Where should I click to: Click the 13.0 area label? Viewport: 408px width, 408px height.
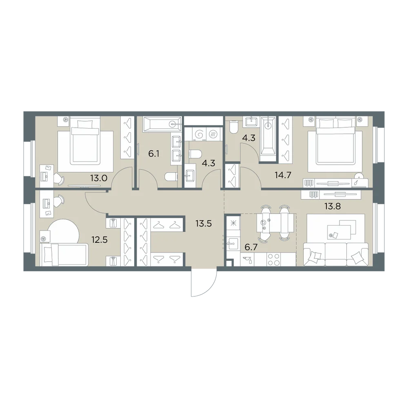[99, 178]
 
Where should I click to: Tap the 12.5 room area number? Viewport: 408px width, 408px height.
[100, 239]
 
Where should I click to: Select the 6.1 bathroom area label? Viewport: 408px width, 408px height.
[154, 154]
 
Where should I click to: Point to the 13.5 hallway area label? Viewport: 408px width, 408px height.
[204, 223]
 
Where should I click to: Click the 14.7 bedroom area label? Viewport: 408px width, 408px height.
[283, 175]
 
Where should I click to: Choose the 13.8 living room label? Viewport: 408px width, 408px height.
[332, 206]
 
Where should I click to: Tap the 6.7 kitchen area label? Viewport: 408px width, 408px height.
[251, 247]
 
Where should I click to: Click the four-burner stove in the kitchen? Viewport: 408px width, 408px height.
[273, 259]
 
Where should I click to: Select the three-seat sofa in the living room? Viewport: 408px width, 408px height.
[336, 254]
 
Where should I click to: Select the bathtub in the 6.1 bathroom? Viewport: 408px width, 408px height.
[162, 124]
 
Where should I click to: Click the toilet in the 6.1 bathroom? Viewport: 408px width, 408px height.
[171, 177]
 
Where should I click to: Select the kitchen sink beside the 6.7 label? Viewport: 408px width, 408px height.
[232, 244]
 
